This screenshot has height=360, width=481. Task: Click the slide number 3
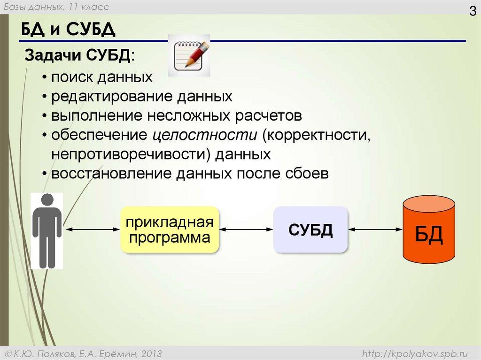click(472, 11)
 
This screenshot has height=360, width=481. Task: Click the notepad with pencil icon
click(189, 55)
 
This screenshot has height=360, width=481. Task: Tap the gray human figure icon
click(47, 230)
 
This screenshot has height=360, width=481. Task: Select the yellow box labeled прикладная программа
click(170, 230)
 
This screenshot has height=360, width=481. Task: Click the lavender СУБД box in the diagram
click(310, 230)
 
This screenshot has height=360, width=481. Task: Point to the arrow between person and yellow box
click(92, 230)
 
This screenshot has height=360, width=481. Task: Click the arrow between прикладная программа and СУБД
click(246, 230)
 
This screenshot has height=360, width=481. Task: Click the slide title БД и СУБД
click(68, 31)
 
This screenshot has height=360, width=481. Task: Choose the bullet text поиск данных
click(102, 77)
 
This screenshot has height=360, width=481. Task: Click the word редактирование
click(112, 97)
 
